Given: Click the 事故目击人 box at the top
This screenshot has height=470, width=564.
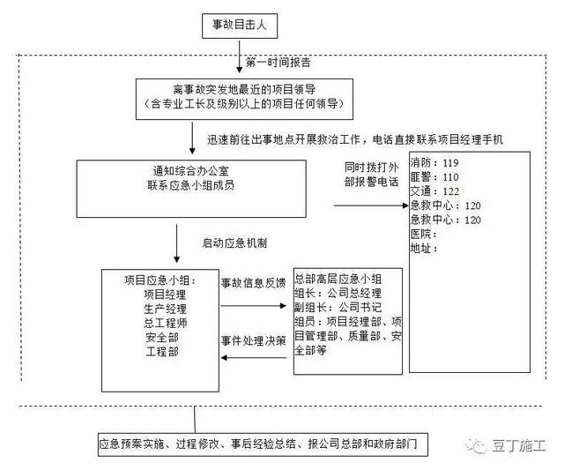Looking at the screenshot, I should (240, 27).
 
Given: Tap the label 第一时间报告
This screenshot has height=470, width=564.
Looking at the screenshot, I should (277, 63).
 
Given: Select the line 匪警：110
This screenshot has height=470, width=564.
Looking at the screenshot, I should (434, 177).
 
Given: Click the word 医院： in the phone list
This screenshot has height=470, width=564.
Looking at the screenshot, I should (424, 234).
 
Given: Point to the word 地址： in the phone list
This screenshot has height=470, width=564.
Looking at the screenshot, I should (424, 248).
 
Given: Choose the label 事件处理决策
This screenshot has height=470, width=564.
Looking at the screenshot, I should (252, 339).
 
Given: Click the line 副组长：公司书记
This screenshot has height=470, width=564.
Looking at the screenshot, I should (338, 308).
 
